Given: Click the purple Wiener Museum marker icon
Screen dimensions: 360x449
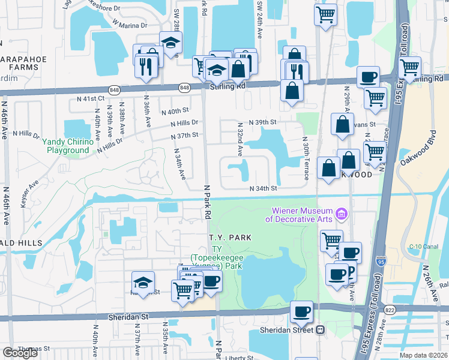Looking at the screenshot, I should [342, 213].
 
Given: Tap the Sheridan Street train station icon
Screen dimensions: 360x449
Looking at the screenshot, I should [321, 329].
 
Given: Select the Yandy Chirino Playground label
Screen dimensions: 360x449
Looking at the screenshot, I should [68, 145].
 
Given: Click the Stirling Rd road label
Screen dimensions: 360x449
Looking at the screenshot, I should [228, 86].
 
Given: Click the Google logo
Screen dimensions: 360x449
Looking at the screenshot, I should [20, 353].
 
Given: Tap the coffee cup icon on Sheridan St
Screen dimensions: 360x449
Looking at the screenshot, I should [301, 312].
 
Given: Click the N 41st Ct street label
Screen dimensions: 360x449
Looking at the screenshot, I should [91, 98].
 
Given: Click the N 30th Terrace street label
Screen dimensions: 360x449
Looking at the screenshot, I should [306, 158].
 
